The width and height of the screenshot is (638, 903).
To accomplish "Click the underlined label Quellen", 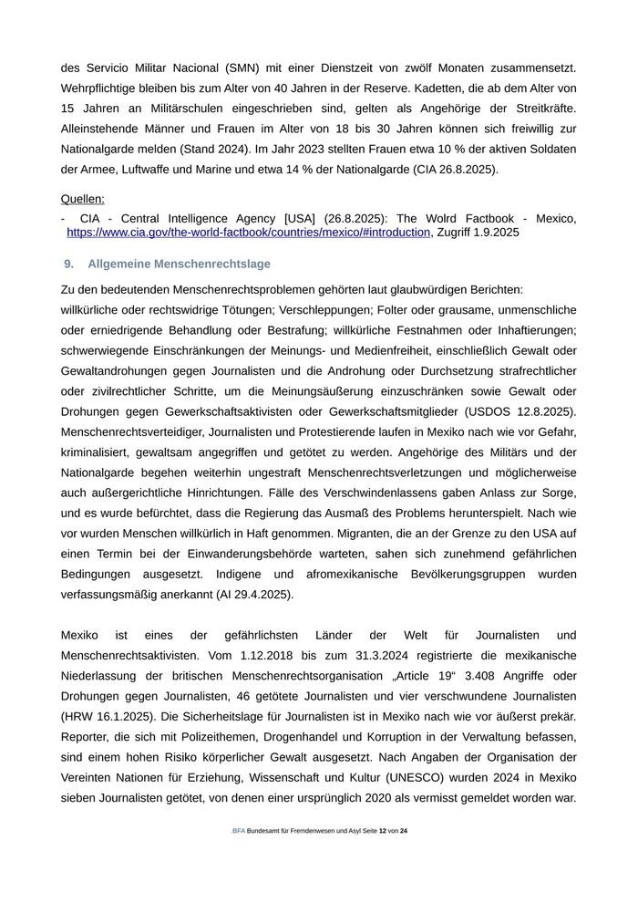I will coord(82,199).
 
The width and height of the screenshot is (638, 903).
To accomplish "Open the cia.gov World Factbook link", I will coord(248,233).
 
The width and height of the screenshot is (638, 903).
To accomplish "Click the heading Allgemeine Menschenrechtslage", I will coord(179,264).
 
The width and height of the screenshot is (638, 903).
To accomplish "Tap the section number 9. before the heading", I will coord(68,264).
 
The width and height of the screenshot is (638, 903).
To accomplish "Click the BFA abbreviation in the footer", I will coord(238,831).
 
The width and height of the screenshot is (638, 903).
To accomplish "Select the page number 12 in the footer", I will coord(383,831).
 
